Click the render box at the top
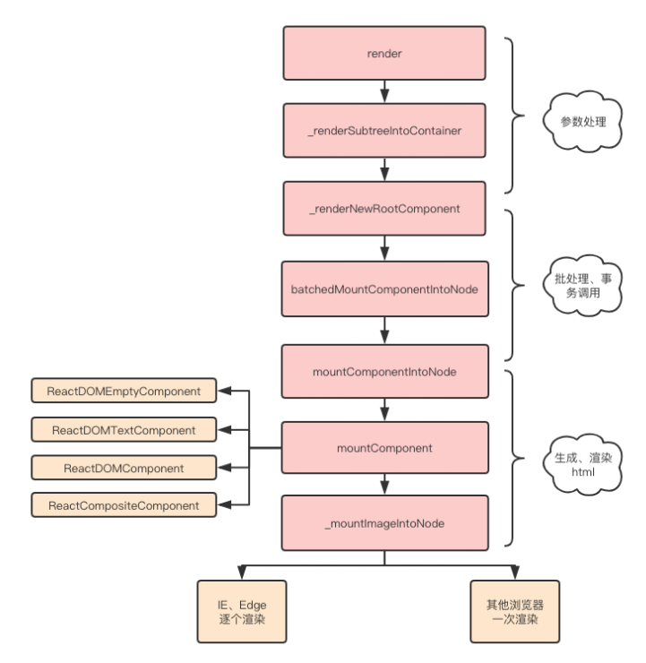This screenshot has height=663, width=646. point(385,53)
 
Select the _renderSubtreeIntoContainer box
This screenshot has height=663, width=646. point(385,130)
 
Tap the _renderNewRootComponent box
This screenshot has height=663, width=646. point(385,209)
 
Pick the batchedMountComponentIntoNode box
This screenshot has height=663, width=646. point(385,288)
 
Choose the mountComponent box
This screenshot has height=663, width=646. point(385,445)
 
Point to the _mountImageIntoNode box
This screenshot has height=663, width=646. point(385,523)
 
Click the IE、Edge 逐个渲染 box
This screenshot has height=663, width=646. point(243,612)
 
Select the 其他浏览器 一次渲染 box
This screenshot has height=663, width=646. point(516,612)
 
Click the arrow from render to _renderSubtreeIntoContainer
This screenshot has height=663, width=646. point(385,91)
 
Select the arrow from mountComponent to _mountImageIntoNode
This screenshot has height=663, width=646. point(385,484)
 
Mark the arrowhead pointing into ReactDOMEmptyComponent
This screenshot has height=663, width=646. point(228,391)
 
